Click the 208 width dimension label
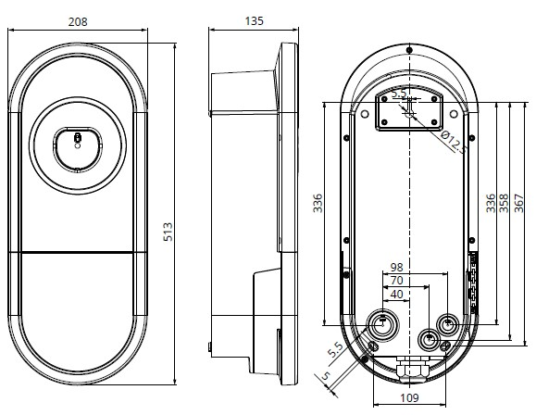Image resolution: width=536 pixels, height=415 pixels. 78,22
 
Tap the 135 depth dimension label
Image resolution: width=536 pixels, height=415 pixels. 255,21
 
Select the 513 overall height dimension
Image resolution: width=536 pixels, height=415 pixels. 168,232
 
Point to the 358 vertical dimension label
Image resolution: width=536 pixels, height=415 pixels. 504,203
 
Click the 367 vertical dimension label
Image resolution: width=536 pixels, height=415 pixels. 518,203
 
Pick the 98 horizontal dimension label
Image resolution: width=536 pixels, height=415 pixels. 396,267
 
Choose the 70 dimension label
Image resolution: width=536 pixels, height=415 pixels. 396,281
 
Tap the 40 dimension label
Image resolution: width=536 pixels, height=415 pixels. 396,295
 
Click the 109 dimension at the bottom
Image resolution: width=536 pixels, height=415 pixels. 409,398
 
